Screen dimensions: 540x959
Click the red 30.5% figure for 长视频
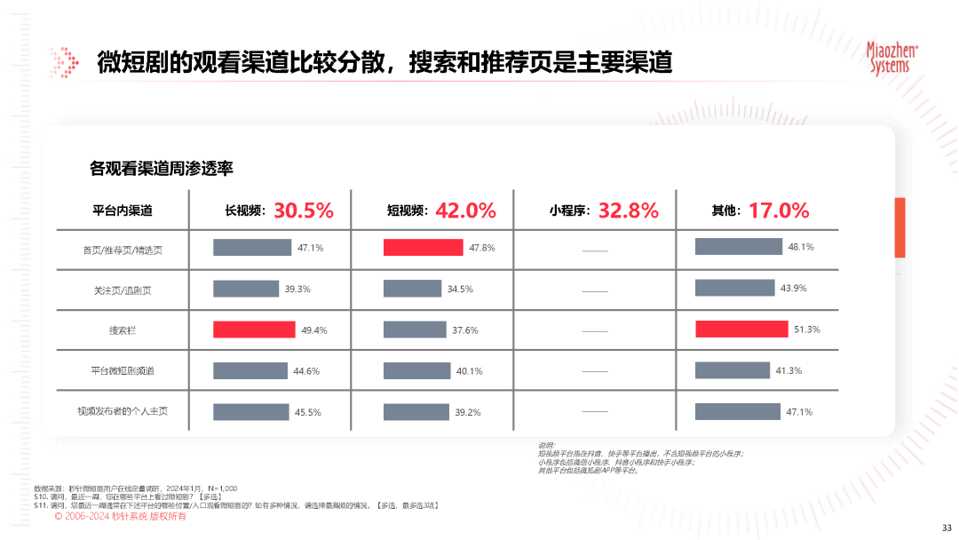pyautogui.click(x=303, y=210)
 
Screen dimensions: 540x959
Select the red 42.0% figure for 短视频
pyautogui.click(x=465, y=210)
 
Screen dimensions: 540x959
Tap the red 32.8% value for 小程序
pyautogui.click(x=628, y=210)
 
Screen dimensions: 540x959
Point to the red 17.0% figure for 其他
pyautogui.click(x=779, y=210)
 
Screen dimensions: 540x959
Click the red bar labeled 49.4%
pyautogui.click(x=254, y=330)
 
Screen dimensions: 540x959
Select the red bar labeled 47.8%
pyautogui.click(x=424, y=247)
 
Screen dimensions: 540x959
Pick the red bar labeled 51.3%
pyautogui.click(x=741, y=330)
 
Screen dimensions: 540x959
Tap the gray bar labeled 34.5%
pyautogui.click(x=413, y=289)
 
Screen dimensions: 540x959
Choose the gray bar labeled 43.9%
pyautogui.click(x=734, y=288)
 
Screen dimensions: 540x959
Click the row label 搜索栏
pyautogui.click(x=123, y=330)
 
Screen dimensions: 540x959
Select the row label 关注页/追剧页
pyautogui.click(x=123, y=290)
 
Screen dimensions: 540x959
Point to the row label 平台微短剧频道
pyautogui.click(x=123, y=371)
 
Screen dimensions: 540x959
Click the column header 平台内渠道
pyautogui.click(x=123, y=211)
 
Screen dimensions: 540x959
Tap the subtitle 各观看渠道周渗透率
pyautogui.click(x=161, y=168)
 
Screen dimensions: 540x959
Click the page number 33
pyautogui.click(x=946, y=525)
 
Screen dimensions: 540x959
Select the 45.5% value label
pyautogui.click(x=308, y=412)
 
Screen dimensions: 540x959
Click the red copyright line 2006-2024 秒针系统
pyautogui.click(x=121, y=516)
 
